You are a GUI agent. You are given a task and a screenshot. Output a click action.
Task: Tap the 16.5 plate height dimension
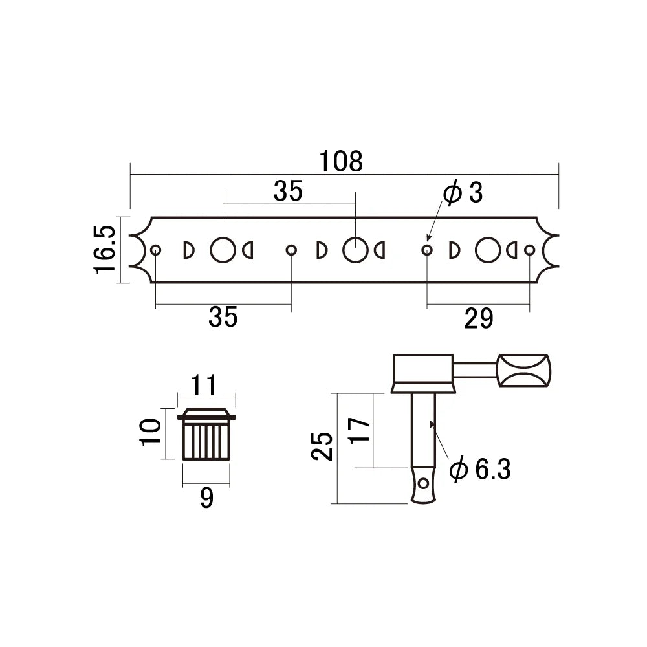105,250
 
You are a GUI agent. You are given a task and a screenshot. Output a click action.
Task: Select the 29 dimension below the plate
479,318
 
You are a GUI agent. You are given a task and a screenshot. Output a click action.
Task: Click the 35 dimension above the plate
287,192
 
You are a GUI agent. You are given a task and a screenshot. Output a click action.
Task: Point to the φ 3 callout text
462,193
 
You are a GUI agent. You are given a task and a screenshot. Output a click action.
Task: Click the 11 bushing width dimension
206,386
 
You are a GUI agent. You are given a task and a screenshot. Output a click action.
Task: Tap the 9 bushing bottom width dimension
206,498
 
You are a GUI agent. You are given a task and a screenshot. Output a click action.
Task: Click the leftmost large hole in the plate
223,250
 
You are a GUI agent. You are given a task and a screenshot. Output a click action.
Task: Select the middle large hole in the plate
355,250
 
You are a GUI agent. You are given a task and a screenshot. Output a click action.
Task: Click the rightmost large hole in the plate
487,250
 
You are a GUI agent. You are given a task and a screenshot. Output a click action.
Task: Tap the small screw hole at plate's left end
155,250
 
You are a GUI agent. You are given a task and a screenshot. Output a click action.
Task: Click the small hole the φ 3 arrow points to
426,250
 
